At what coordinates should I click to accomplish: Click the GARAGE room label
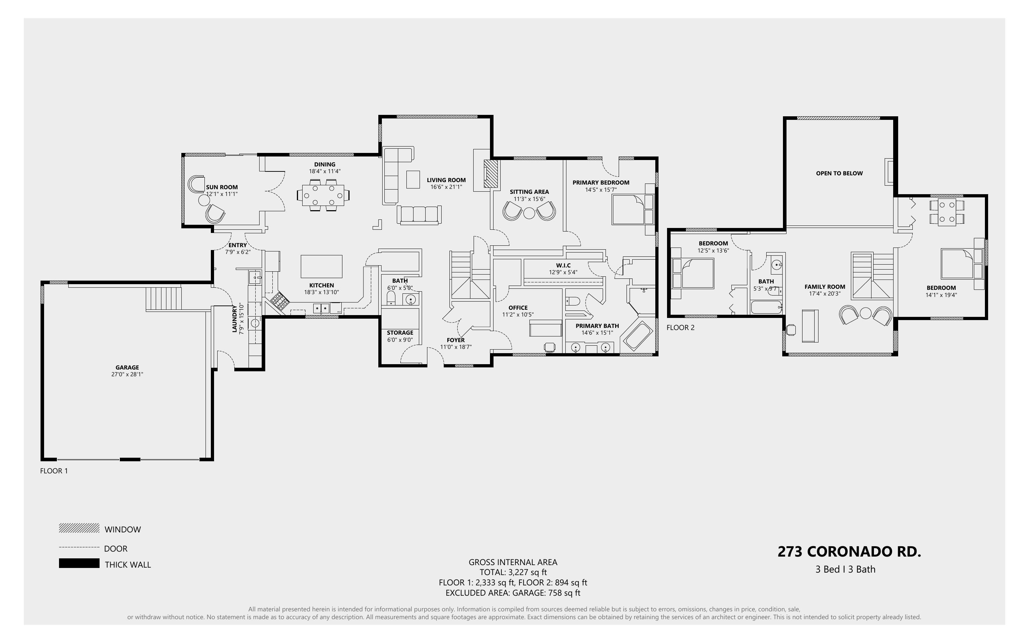(127, 367)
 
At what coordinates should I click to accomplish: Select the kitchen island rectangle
(321, 266)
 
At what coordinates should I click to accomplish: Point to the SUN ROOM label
(222, 187)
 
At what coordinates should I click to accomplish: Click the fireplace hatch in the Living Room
(491, 174)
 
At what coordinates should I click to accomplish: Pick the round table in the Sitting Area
(529, 213)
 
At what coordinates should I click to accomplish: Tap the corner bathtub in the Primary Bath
(637, 336)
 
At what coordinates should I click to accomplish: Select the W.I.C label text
(563, 265)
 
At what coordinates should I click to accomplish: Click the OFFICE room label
(518, 308)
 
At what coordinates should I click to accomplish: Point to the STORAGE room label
(400, 333)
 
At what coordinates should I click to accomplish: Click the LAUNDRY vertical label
(234, 319)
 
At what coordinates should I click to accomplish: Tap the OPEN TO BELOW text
(839, 173)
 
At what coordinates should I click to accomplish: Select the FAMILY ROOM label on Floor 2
(825, 287)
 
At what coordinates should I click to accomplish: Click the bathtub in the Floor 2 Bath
(767, 307)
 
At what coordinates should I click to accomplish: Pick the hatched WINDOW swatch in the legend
(79, 528)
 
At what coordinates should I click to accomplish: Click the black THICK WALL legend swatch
(79, 563)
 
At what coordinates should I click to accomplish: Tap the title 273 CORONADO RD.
(849, 552)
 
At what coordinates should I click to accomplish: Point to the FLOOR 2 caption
(681, 328)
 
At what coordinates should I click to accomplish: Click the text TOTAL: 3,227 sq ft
(513, 572)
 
